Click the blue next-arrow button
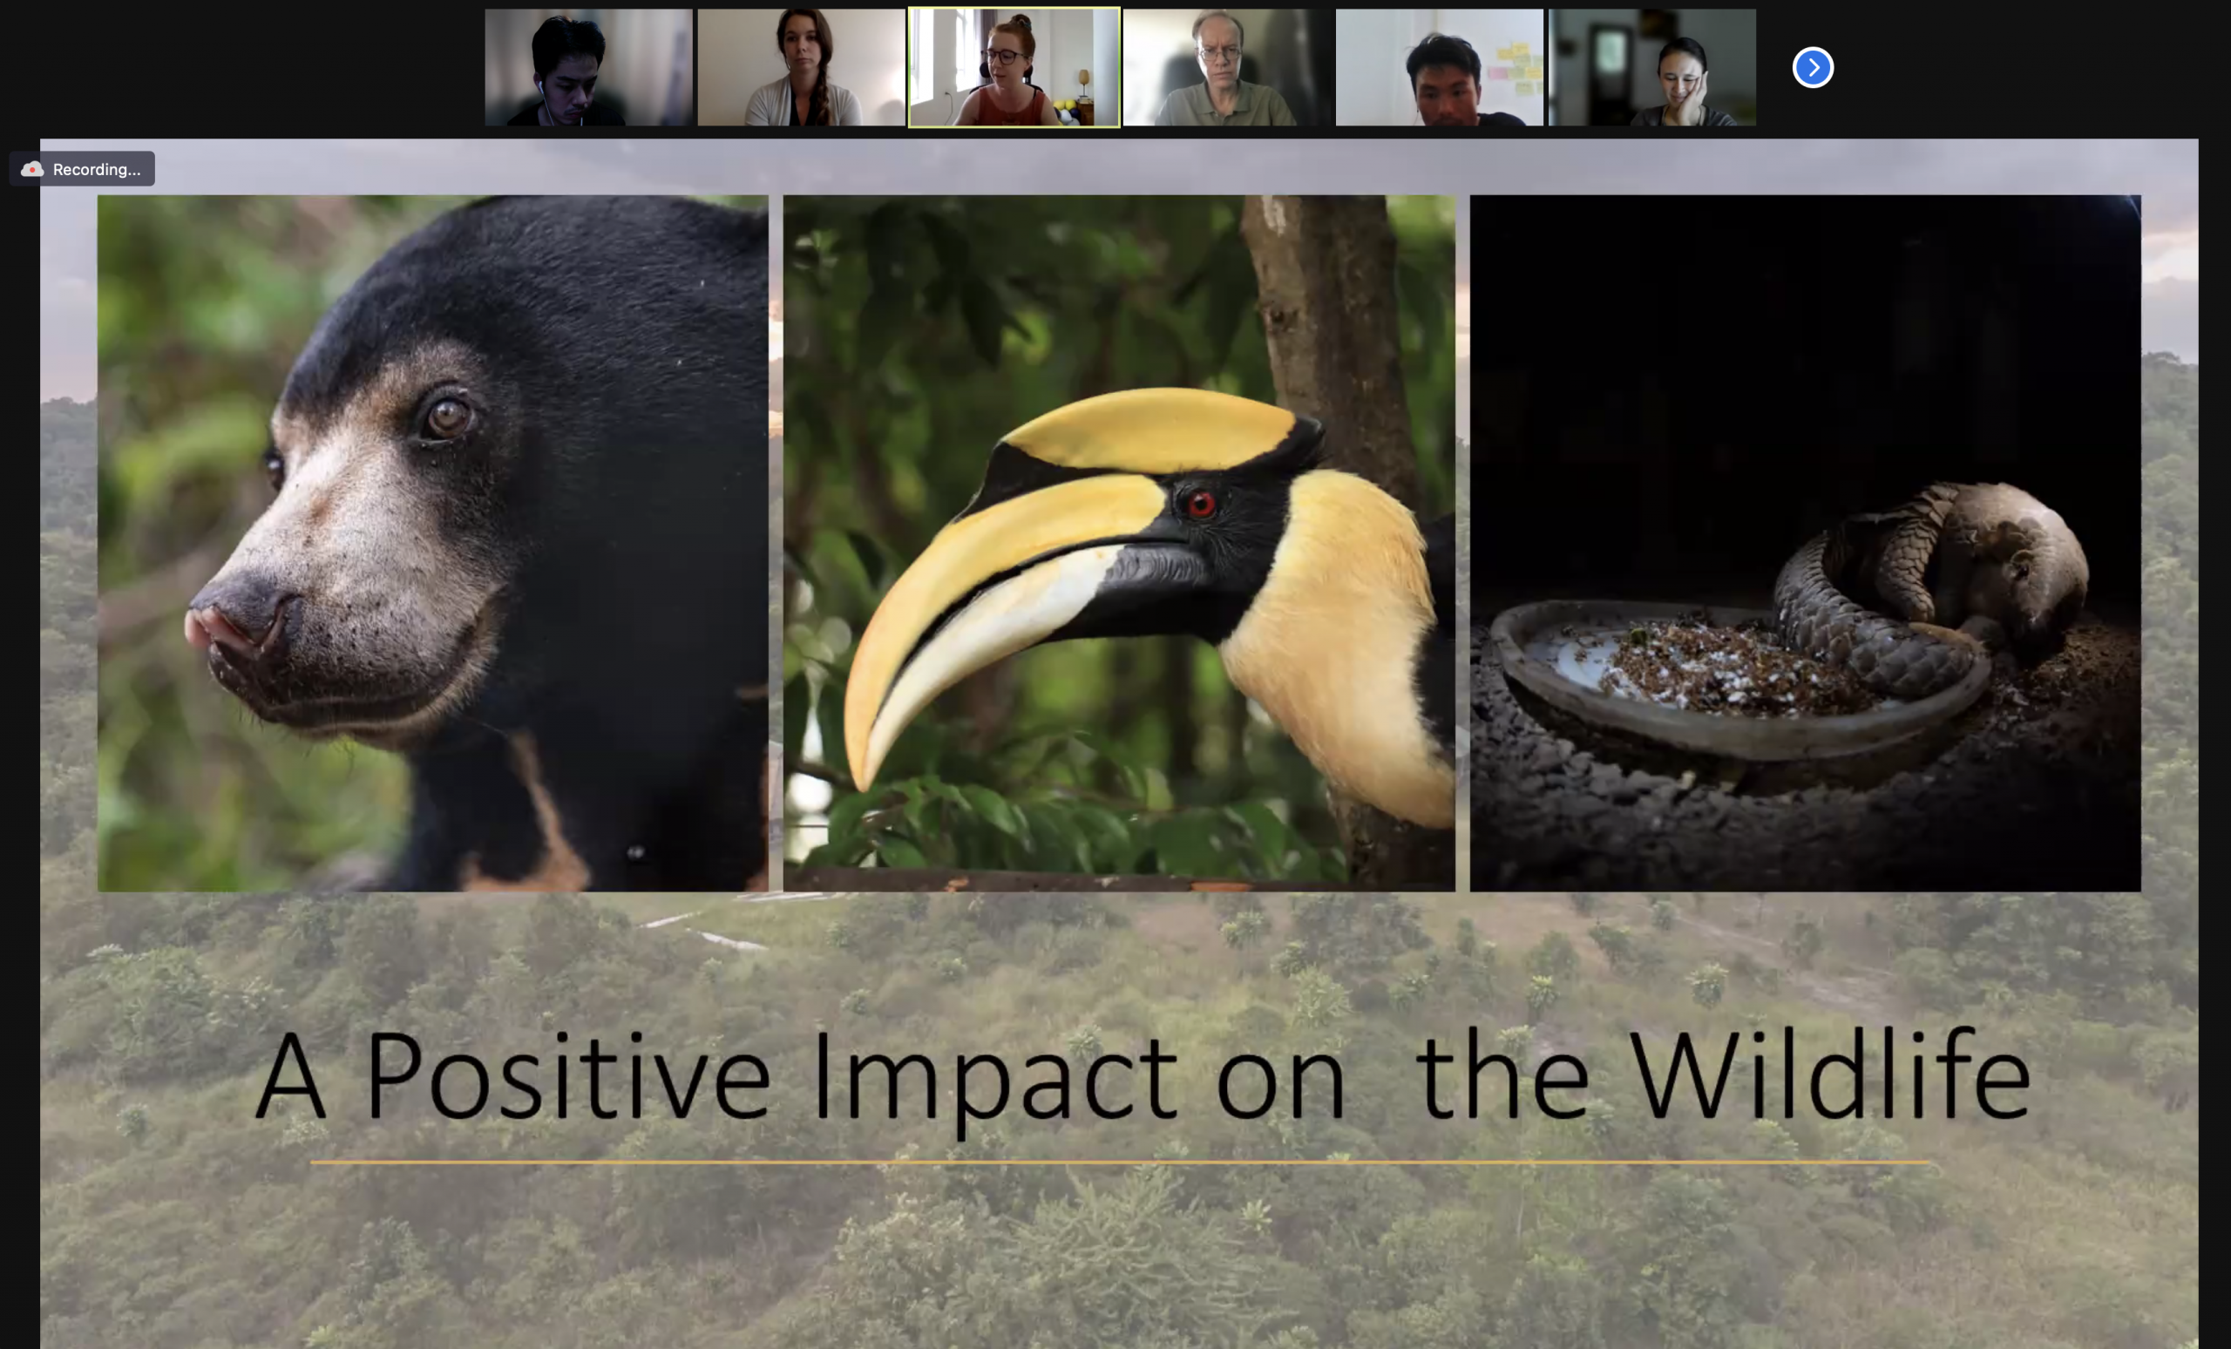[x=1813, y=67]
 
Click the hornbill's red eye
[x=1201, y=504]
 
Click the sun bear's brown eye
[x=448, y=417]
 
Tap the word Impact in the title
[x=994, y=1082]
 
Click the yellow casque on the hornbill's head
[x=1149, y=430]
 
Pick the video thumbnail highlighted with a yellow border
[x=1014, y=68]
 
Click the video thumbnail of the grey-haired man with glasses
[x=1227, y=68]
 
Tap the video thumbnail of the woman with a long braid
[x=801, y=68]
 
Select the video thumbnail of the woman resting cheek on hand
[x=1652, y=68]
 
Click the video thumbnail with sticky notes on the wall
[x=1440, y=68]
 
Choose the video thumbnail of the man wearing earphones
[x=588, y=68]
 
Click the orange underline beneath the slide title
[x=1120, y=1162]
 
